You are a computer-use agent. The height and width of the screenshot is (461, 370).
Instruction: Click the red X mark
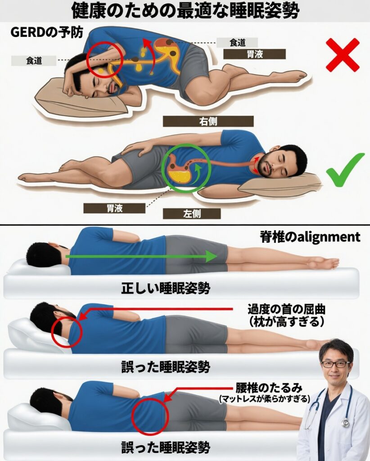(343, 54)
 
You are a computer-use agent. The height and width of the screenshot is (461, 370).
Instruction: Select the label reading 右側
(208, 121)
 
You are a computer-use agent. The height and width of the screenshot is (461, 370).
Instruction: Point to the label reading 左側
(192, 214)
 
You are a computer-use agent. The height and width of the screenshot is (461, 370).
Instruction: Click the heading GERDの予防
(47, 32)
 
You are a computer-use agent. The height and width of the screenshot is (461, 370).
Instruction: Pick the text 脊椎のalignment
(310, 237)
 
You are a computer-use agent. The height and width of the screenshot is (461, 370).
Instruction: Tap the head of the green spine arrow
(211, 256)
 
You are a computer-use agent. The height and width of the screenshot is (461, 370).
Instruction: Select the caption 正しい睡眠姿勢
(166, 288)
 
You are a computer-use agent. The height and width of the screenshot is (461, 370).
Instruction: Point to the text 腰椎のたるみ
(269, 388)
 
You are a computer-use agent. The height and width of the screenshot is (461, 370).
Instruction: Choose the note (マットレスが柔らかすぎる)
(265, 399)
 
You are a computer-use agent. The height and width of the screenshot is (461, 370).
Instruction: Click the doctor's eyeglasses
(335, 364)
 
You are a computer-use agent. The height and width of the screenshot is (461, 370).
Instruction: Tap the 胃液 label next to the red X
(254, 54)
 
